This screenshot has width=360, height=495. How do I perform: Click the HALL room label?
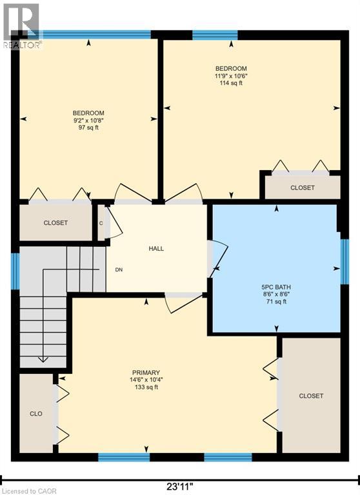[x=156, y=248]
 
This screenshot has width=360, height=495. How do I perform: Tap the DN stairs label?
[x=119, y=270]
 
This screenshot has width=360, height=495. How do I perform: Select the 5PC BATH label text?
[x=276, y=287]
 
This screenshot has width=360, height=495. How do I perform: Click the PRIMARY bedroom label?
[x=146, y=373]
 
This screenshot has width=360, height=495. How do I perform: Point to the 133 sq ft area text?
[x=146, y=387]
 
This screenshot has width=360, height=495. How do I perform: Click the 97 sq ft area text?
[x=88, y=128]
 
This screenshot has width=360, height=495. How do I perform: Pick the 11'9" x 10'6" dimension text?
[x=231, y=76]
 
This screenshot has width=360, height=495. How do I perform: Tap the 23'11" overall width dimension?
[x=180, y=487]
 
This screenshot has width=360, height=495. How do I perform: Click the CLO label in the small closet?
[x=36, y=414]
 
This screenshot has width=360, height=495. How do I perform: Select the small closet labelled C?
[x=101, y=223]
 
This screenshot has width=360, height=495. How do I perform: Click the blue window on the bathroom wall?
[x=345, y=262]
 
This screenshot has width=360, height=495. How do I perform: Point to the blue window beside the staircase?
[x=15, y=271]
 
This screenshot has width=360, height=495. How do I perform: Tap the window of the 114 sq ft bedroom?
[x=215, y=35]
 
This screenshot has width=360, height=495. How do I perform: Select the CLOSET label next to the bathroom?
[x=311, y=396]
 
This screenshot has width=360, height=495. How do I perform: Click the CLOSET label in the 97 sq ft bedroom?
[x=55, y=223]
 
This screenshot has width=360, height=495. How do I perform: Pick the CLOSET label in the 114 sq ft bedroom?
[x=303, y=188]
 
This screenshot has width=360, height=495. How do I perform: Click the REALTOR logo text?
[x=22, y=45]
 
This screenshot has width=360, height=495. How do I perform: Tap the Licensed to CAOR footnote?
[x=29, y=491]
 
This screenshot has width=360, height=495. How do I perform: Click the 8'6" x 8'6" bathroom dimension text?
[x=276, y=294]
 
